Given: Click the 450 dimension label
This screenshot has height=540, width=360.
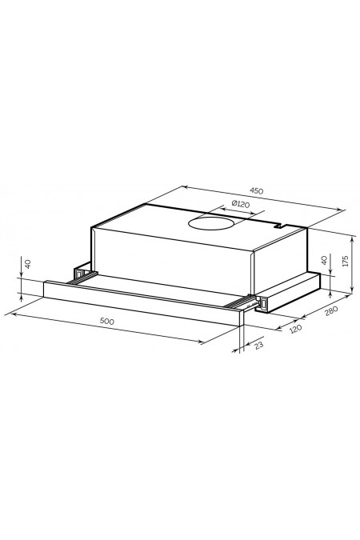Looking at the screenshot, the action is [x=256, y=190].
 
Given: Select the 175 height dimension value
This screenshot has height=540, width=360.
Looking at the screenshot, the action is [x=346, y=261].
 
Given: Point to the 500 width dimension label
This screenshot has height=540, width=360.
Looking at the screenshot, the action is [x=106, y=321].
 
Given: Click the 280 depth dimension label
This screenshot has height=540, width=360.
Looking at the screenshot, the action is [x=331, y=310].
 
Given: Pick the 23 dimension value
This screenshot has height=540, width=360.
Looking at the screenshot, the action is [x=259, y=345].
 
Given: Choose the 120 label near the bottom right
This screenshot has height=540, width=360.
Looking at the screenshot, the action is [x=295, y=329].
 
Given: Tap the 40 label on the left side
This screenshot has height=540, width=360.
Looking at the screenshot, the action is [x=28, y=264].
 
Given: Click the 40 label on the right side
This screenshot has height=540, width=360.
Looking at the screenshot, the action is [x=324, y=260].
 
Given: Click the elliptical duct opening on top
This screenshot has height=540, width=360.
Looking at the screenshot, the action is [x=211, y=223].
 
